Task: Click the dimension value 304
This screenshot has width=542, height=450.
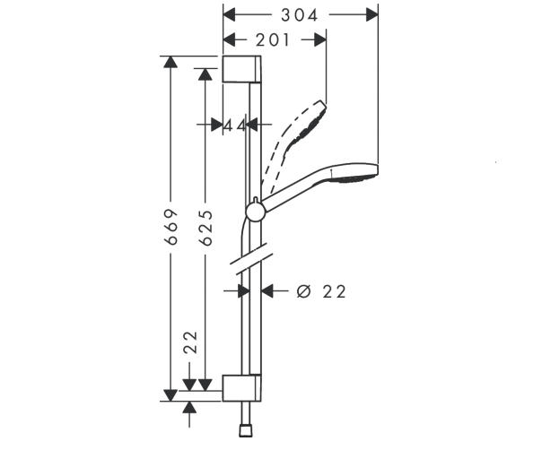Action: (299, 15)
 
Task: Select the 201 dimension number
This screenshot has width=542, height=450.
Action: (273, 40)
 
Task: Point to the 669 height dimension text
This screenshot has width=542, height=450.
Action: (171, 227)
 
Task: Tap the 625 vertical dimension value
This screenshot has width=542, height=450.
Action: (206, 228)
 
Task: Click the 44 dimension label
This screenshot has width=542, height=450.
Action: (235, 125)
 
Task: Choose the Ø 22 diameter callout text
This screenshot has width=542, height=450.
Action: (321, 292)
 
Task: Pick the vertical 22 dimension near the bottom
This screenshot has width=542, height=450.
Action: (190, 342)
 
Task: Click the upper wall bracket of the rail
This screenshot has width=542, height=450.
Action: (241, 69)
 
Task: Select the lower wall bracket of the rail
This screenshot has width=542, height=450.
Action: (241, 388)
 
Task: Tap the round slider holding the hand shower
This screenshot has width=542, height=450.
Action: (256, 212)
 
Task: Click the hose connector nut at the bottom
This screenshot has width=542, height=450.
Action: (245, 431)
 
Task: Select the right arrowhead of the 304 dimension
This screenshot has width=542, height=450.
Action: (372, 15)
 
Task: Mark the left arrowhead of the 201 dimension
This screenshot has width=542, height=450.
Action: (230, 40)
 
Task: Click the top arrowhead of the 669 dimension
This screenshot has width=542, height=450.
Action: (170, 62)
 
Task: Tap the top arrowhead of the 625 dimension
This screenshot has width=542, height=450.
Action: (205, 74)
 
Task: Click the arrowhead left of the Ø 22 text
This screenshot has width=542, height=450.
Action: (267, 291)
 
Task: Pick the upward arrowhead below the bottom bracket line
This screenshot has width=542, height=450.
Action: (189, 408)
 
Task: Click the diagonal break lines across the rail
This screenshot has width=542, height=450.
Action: (252, 259)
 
